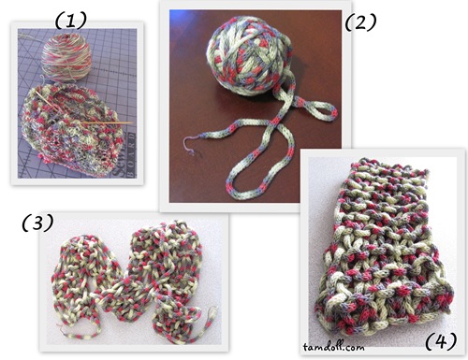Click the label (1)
click(x=71, y=22)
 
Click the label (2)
click(x=360, y=22)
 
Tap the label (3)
click(x=37, y=223)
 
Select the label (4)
click(x=441, y=340)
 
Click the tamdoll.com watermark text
click(x=333, y=347)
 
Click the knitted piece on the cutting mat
click(x=73, y=124)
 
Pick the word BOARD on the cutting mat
click(x=131, y=156)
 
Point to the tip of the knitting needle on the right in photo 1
click(x=133, y=122)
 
